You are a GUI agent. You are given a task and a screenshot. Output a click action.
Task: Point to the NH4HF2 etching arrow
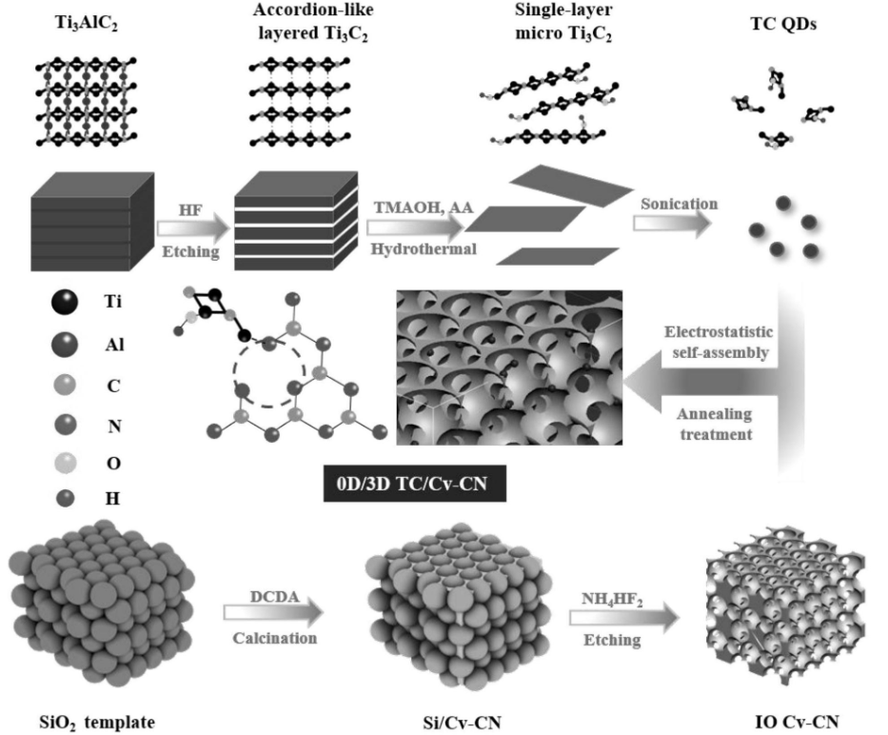click(623, 618)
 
